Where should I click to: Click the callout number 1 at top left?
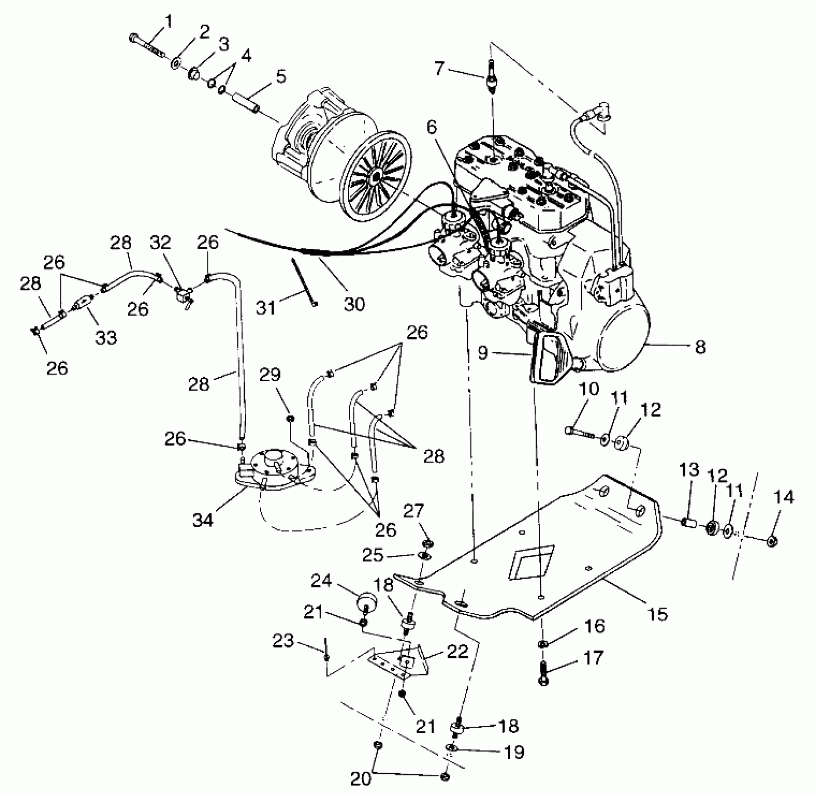pyautogui.click(x=167, y=22)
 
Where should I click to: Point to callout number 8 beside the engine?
pyautogui.click(x=700, y=347)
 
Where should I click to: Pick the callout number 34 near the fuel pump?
pyautogui.click(x=203, y=519)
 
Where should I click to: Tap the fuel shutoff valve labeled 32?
pyautogui.click(x=181, y=295)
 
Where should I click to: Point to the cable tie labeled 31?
pyautogui.click(x=304, y=281)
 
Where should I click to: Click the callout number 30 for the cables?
pyautogui.click(x=354, y=304)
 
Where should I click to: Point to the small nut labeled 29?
pyautogui.click(x=290, y=418)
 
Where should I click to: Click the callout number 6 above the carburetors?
pyautogui.click(x=431, y=126)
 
